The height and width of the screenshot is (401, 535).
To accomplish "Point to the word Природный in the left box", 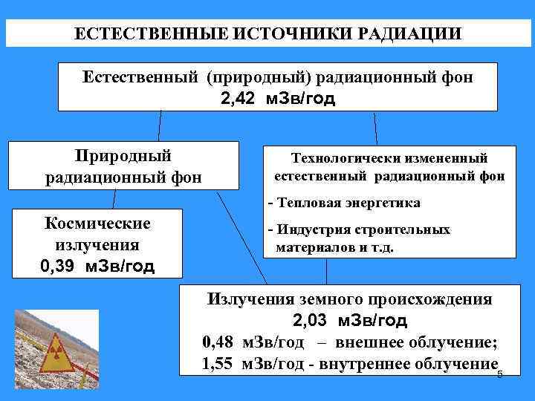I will pyautogui.click(x=123, y=156).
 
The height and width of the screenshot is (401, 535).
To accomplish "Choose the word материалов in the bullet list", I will pyautogui.click(x=311, y=247).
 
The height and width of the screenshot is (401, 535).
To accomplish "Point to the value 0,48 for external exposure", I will pyautogui.click(x=217, y=342).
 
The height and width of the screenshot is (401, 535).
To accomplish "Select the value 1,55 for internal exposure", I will pyautogui.click(x=217, y=364).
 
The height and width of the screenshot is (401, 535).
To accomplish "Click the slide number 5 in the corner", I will pyautogui.click(x=499, y=374).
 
